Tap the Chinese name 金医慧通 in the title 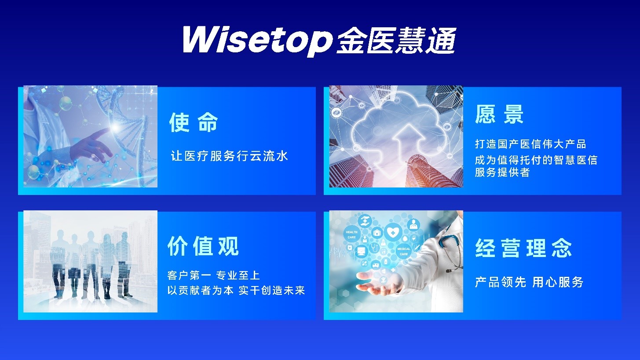[x=396, y=40]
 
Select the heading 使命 [x=194, y=122]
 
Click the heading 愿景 [x=499, y=114]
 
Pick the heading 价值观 [x=203, y=246]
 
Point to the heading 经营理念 [x=523, y=248]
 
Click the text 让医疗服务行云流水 [x=230, y=156]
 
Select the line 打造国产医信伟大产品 [x=530, y=144]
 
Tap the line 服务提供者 [x=502, y=172]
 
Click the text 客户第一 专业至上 [x=214, y=276]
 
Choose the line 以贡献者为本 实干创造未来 [x=236, y=290]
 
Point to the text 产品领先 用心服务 [x=529, y=282]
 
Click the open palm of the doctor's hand [x=377, y=282]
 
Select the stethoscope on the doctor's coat [x=450, y=249]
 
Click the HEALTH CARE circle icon [x=351, y=235]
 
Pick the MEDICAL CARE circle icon [x=403, y=251]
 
